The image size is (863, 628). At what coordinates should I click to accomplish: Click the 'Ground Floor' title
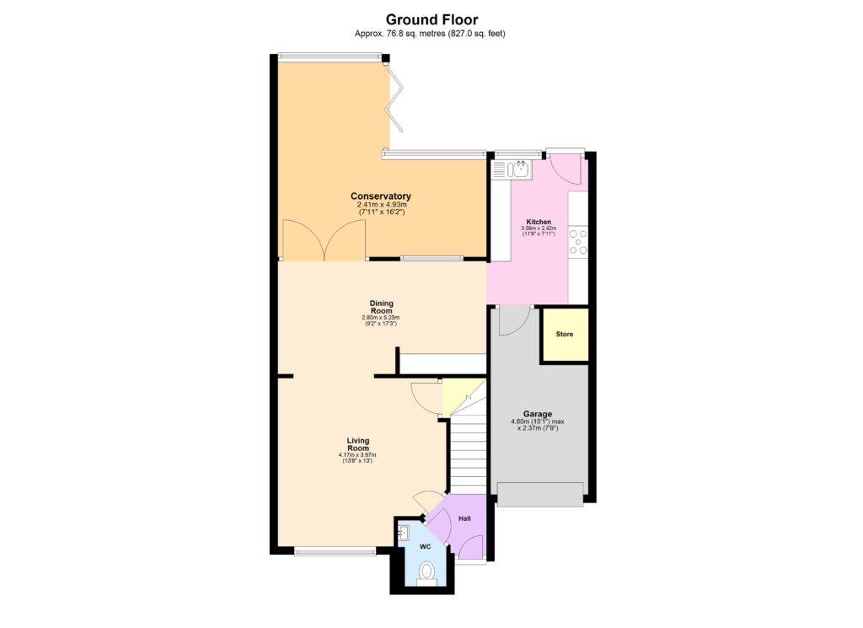[431, 19]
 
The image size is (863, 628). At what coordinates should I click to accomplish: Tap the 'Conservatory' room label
[380, 196]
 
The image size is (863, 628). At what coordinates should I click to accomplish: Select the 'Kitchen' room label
[538, 222]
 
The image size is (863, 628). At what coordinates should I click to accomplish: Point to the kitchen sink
[518, 170]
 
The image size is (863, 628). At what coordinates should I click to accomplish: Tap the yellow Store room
[564, 335]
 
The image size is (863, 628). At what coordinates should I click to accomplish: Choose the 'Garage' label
[537, 414]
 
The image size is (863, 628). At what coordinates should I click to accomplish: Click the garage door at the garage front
[540, 494]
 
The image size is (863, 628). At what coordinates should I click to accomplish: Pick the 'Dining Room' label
[381, 306]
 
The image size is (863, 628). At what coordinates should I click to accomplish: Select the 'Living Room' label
[358, 444]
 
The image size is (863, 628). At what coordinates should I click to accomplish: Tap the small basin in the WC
[403, 533]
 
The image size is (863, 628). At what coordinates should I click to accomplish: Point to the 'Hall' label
[464, 518]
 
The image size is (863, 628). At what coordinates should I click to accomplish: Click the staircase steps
[469, 451]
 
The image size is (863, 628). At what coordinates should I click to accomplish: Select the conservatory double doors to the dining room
[324, 240]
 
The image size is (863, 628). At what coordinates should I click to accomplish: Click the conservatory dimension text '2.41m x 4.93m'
[381, 205]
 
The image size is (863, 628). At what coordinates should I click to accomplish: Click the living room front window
[335, 553]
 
